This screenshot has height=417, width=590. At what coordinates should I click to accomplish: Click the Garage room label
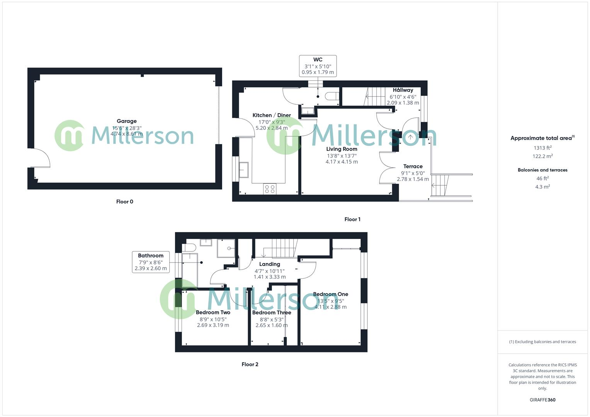(x=127, y=121)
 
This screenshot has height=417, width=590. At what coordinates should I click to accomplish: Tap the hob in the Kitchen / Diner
(x=270, y=189)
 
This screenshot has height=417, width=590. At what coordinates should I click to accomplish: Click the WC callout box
(x=318, y=66)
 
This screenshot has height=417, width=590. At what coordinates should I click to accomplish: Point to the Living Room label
(x=342, y=149)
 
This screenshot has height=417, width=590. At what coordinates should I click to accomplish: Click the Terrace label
(x=413, y=166)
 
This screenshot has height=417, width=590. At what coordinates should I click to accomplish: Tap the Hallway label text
(x=403, y=90)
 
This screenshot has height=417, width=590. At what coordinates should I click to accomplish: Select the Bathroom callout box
(x=151, y=262)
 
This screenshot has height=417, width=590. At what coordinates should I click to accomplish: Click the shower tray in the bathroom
(x=226, y=248)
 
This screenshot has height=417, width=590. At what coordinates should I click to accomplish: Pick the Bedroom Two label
(x=213, y=312)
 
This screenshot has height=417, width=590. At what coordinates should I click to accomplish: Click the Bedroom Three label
(x=272, y=312)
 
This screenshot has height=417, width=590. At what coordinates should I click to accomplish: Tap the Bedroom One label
(x=330, y=294)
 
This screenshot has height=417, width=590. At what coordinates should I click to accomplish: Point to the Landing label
(x=270, y=264)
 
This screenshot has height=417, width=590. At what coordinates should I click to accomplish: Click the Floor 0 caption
(x=124, y=202)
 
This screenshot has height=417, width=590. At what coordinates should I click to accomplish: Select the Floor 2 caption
(x=250, y=364)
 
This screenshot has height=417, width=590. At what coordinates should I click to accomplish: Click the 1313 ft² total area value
(x=542, y=148)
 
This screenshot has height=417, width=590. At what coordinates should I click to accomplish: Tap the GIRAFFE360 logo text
(x=542, y=400)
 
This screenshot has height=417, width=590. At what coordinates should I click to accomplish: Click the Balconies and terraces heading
(x=542, y=170)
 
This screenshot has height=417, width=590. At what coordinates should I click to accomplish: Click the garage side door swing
(x=40, y=158)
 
